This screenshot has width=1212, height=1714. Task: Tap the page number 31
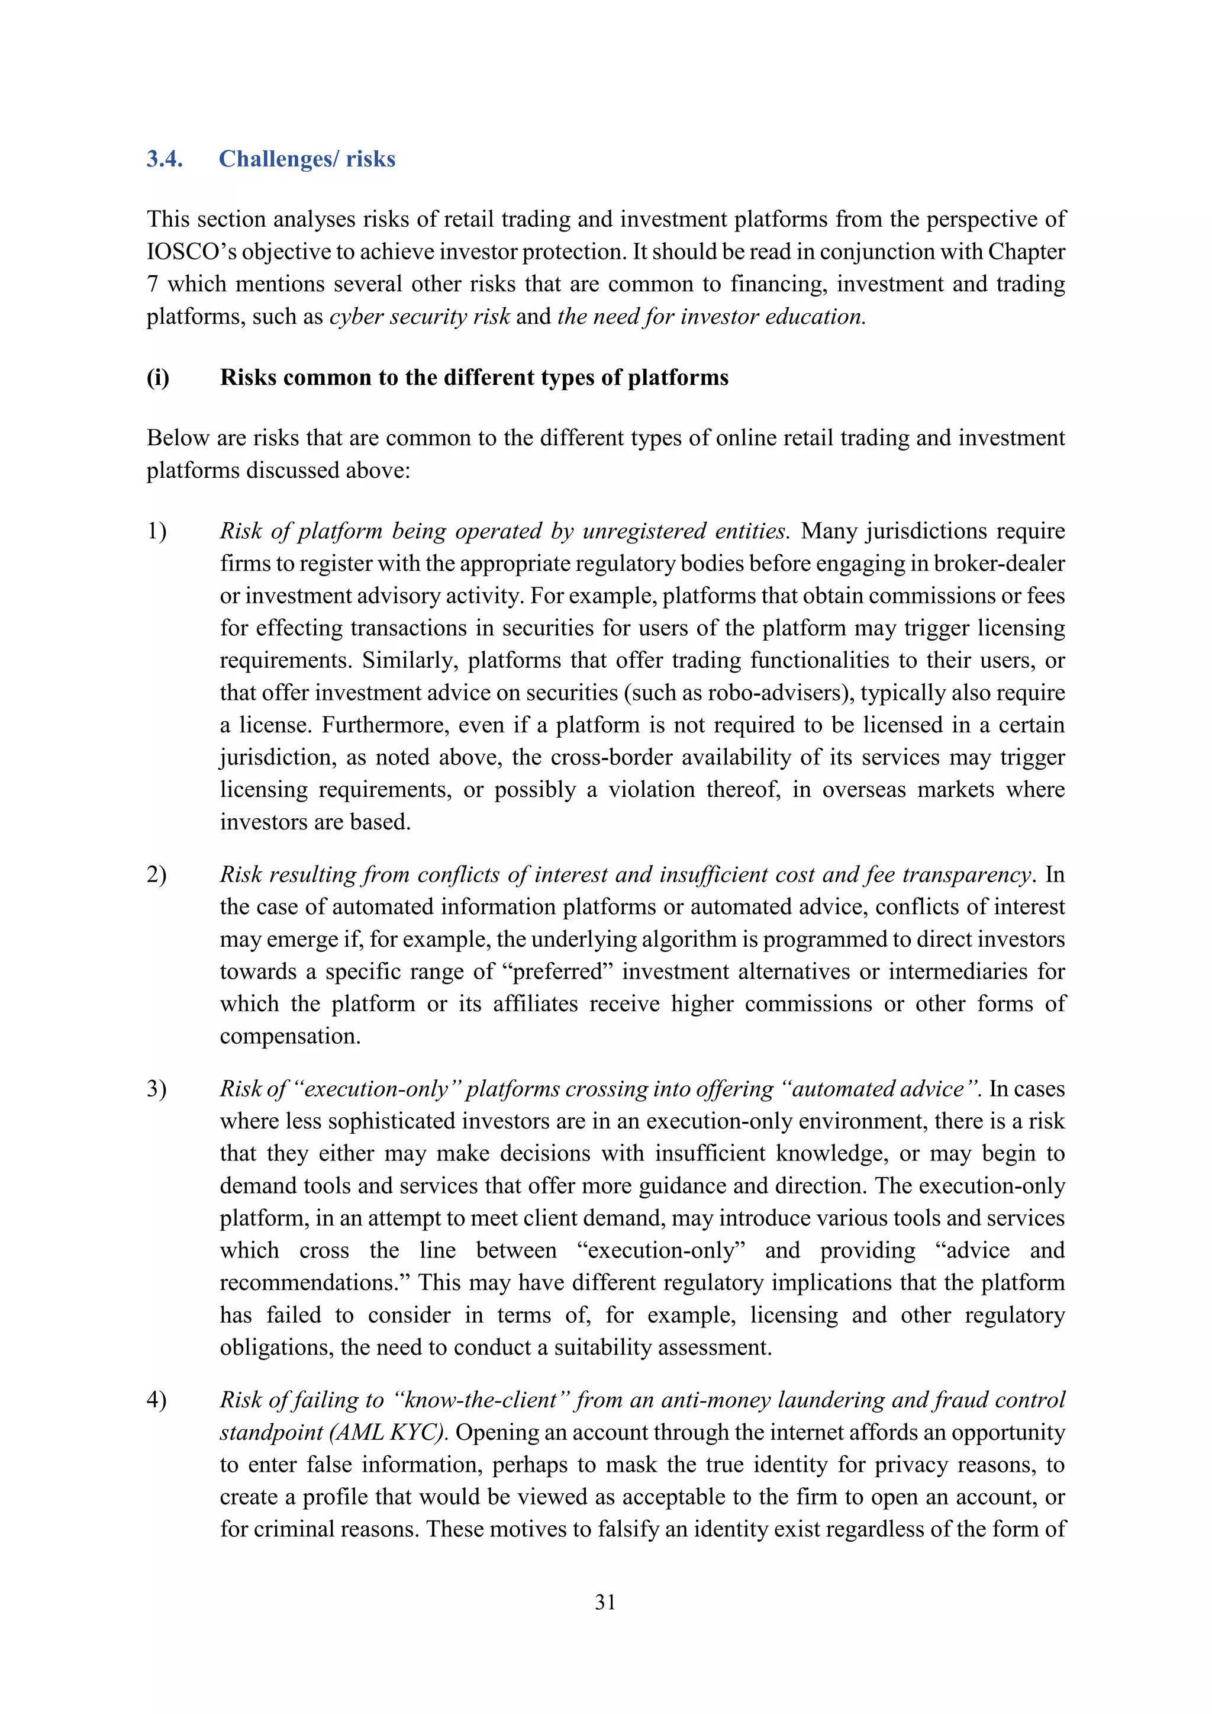[x=605, y=1602]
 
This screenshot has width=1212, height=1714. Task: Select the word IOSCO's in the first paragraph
[x=191, y=252]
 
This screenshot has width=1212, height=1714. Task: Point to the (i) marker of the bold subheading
[x=158, y=378]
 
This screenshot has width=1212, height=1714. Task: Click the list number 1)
[x=157, y=532]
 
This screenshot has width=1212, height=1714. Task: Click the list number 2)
[x=157, y=875]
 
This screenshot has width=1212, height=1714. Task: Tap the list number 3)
[x=157, y=1089]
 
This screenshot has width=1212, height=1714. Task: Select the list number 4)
[x=157, y=1400]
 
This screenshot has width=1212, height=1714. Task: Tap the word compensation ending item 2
[x=289, y=1036]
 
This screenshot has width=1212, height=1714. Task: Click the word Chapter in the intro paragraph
[x=1026, y=252]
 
